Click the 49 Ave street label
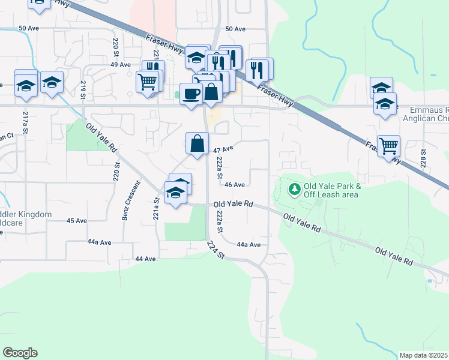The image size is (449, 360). click(121, 65)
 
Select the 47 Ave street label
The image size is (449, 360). click(223, 149)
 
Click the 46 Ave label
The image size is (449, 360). click(235, 185)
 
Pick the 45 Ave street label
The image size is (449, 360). click(77, 221)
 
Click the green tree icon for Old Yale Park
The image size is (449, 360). click(294, 190)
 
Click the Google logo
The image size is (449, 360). click(20, 353)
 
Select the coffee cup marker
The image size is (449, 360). click(191, 94)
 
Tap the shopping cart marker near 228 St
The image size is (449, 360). click(389, 145)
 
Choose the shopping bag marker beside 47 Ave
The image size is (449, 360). click(197, 143)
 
